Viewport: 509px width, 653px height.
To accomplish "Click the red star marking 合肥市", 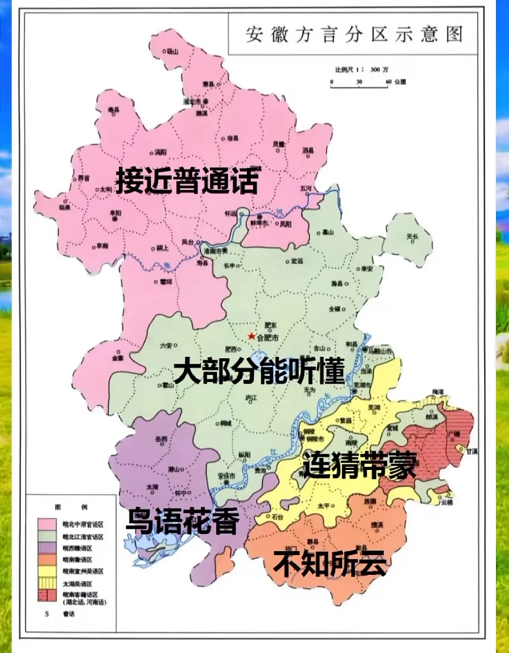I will [x=251, y=336].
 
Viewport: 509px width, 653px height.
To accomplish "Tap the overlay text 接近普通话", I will [x=187, y=181].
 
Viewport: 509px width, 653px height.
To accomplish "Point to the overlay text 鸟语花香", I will [x=183, y=520].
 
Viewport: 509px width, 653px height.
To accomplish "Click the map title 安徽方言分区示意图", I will [x=354, y=35].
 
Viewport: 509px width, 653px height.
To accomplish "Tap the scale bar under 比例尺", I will [x=359, y=87].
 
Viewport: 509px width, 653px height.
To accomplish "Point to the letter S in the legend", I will [x=46, y=614].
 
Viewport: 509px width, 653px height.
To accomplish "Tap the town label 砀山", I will [x=173, y=52].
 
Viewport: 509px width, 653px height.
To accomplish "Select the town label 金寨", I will [x=118, y=358].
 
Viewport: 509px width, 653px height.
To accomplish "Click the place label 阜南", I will [x=102, y=246].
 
